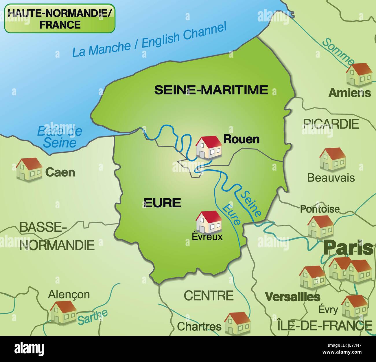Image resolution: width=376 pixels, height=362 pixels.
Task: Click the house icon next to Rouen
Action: coord(209,147)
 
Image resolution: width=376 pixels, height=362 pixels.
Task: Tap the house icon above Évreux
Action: coord(209,222)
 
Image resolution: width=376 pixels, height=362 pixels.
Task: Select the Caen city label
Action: coord(60,172)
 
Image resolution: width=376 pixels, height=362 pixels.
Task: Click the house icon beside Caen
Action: coord(29,169)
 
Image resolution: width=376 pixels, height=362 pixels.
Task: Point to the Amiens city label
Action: coord(350,93)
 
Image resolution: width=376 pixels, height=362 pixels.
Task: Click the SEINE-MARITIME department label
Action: coord(211,90)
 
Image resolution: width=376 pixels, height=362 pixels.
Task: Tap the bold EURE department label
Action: coord(162,203)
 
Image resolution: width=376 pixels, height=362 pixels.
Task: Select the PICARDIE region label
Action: coord(331,124)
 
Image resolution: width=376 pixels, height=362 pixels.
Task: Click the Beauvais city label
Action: coord(331,178)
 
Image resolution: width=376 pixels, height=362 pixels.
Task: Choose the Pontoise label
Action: coord(320,209)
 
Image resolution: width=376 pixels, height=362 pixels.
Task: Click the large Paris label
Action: coord(348,248)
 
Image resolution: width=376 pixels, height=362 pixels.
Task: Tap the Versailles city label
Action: coord(293,297)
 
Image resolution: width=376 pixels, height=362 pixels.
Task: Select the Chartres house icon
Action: coord(237,323)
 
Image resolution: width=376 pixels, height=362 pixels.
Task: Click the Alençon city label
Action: coord(69,295)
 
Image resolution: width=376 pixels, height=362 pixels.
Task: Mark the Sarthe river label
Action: coord(93,317)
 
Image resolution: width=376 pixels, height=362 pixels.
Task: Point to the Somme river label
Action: coord(338,51)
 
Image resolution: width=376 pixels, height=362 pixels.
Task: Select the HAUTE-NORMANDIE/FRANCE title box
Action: coord(60,18)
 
